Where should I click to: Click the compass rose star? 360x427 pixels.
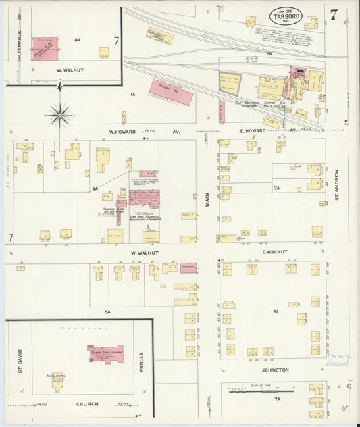(x=60, y=116)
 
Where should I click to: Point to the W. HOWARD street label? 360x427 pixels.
(x=124, y=132)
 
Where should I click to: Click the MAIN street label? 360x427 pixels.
(x=208, y=199)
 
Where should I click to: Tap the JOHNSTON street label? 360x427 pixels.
(x=275, y=370)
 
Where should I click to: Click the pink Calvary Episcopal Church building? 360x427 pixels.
(x=105, y=353)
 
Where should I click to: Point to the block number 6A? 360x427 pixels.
(x=275, y=311)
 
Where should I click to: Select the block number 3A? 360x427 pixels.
(x=276, y=187)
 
